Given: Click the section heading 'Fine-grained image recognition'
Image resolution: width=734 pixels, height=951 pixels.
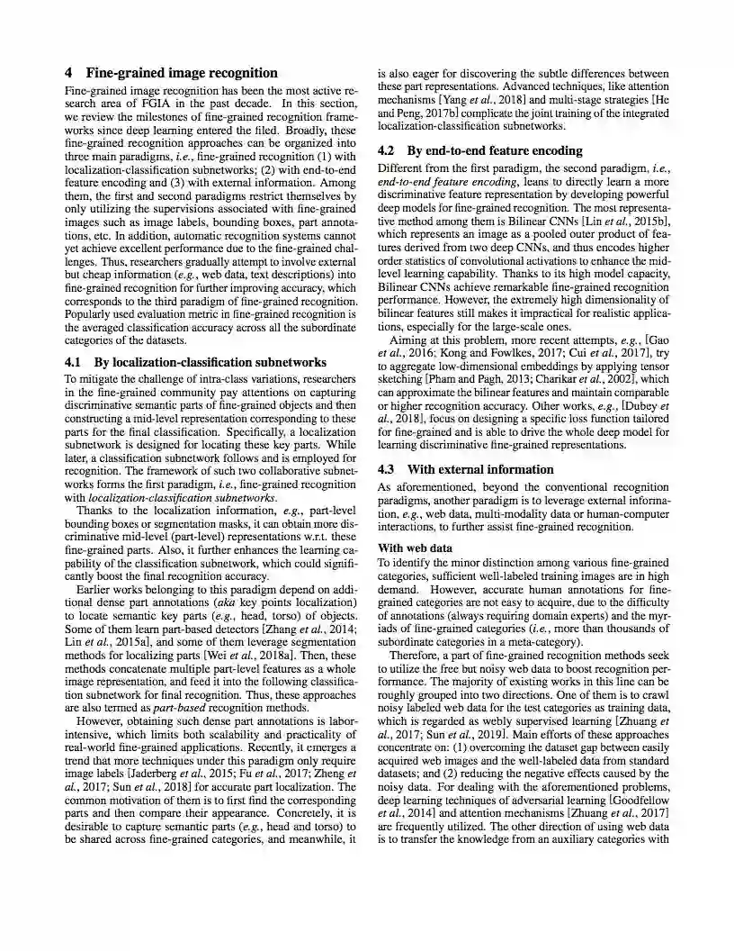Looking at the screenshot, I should tap(182, 73).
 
